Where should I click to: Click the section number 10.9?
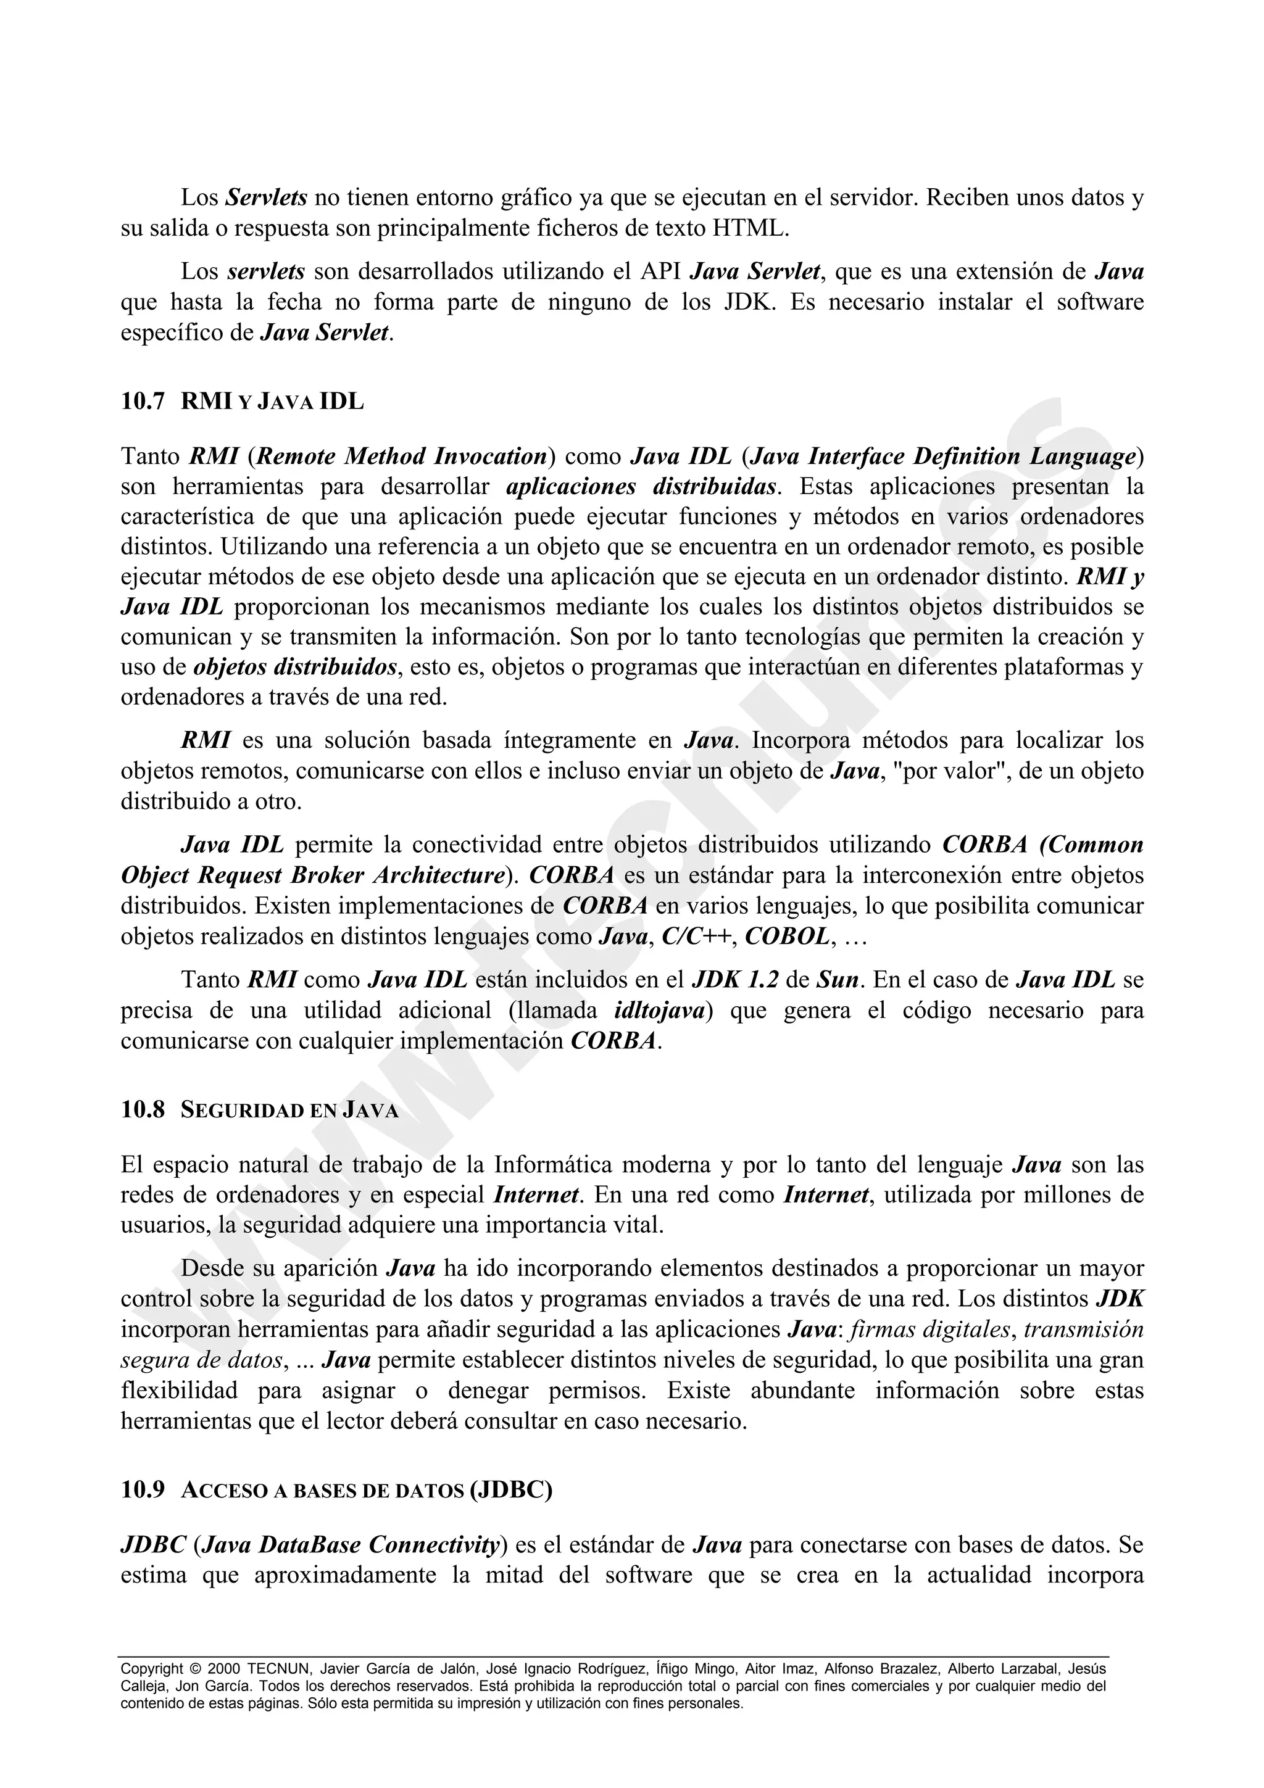point(143,1490)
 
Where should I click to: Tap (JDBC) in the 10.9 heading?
point(511,1490)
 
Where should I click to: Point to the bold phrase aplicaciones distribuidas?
point(642,487)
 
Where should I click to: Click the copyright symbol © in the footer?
point(194,1669)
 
